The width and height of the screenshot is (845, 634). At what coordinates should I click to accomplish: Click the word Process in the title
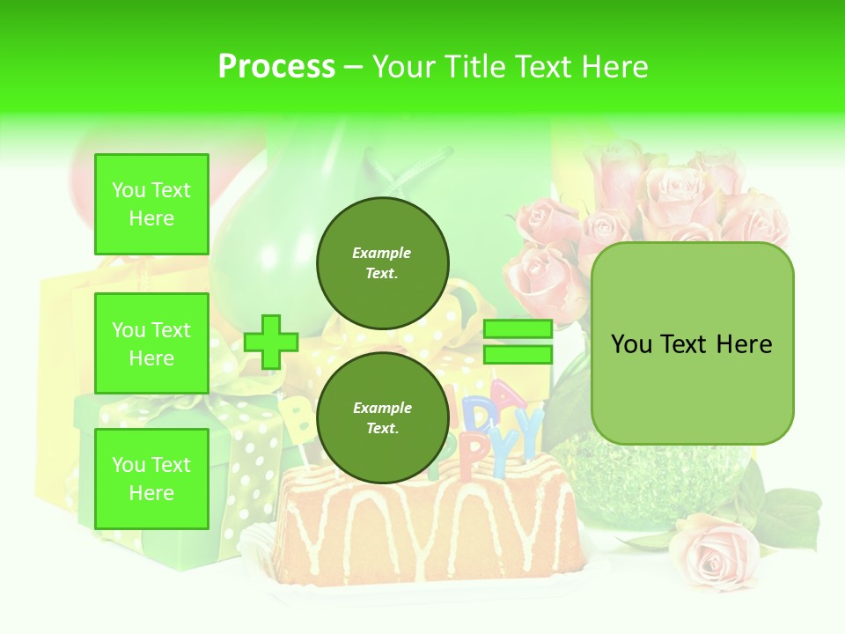click(276, 67)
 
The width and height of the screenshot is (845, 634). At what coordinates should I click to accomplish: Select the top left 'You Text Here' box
click(151, 204)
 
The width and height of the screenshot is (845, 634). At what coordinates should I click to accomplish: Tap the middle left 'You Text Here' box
click(151, 343)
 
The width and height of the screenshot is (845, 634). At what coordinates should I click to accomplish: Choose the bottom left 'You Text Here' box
click(151, 479)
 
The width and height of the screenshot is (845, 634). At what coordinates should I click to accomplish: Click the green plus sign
click(271, 342)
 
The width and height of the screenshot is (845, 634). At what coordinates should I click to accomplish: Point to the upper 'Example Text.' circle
click(383, 263)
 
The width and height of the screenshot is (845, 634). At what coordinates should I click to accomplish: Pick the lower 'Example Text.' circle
click(383, 418)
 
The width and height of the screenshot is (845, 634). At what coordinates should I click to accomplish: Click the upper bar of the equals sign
click(518, 329)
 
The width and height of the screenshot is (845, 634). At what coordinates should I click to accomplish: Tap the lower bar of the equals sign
click(518, 354)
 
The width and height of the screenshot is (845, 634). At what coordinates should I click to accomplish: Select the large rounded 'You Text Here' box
click(692, 343)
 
